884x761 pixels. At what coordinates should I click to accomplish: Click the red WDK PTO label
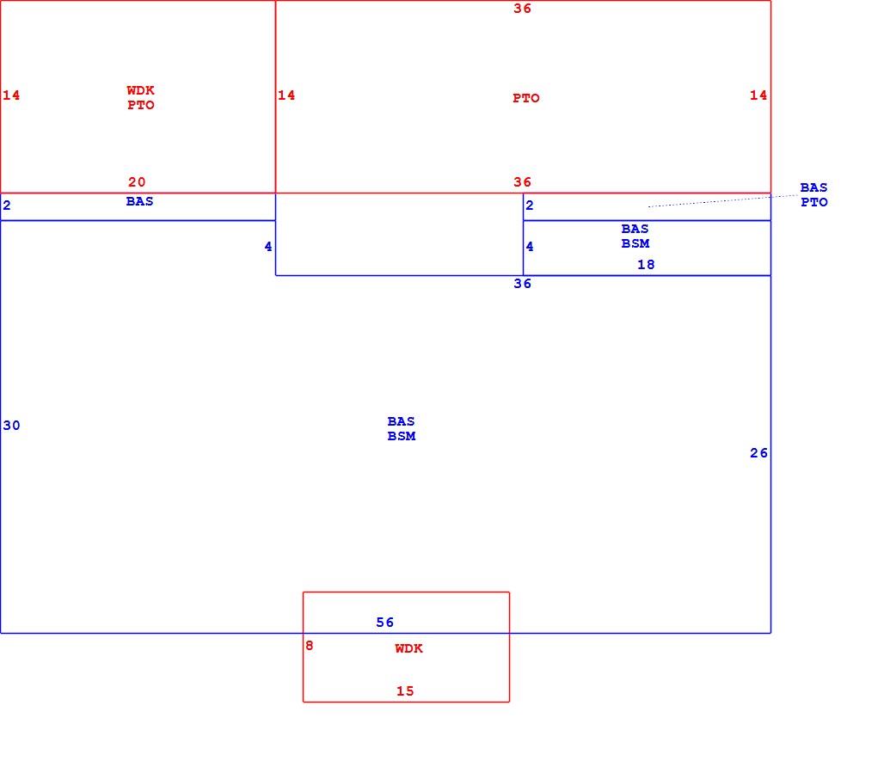(x=140, y=97)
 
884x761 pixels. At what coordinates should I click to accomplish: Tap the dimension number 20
(x=137, y=182)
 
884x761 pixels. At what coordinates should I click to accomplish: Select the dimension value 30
(x=11, y=426)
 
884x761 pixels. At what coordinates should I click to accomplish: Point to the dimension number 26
(x=758, y=453)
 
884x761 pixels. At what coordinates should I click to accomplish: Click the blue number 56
(x=385, y=623)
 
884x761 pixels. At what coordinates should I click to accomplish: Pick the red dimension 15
(x=405, y=691)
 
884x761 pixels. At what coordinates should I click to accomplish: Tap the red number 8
(x=309, y=646)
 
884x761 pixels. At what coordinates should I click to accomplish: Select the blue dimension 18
(x=646, y=264)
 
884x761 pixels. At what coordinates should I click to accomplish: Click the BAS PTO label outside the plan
(x=814, y=194)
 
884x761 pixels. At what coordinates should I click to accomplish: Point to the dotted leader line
(x=723, y=201)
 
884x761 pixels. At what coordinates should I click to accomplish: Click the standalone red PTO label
(x=526, y=98)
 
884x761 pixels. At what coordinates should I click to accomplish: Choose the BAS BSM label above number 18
(x=635, y=236)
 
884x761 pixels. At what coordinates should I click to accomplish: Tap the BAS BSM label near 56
(x=402, y=428)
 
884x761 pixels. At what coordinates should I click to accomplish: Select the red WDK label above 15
(x=408, y=648)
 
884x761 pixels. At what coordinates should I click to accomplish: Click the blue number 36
(x=522, y=284)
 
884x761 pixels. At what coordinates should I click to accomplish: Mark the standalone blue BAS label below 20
(x=140, y=201)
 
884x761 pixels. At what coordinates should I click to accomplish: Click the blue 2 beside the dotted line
(x=530, y=206)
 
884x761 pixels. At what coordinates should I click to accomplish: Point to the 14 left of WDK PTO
(x=11, y=95)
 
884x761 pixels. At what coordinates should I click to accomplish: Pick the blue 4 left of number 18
(x=530, y=246)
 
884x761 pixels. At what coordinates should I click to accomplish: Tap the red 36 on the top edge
(x=522, y=9)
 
